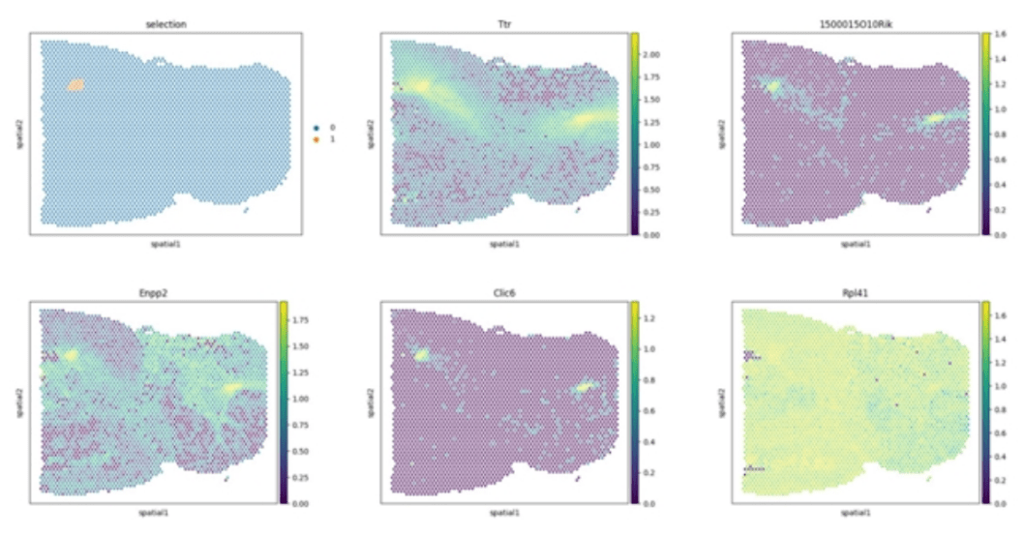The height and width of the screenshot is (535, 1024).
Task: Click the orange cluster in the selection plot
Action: pos(76,84)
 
